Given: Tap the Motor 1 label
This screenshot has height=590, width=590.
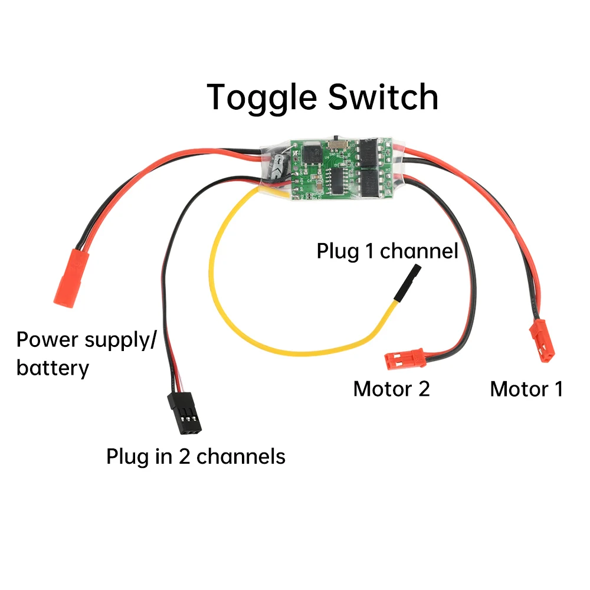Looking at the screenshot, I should click(526, 389).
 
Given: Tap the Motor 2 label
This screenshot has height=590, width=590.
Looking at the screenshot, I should click(391, 389).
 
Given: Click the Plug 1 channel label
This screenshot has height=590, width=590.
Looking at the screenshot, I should click(387, 251).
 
